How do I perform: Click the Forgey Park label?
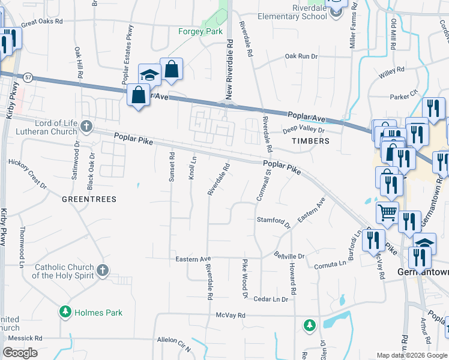200,32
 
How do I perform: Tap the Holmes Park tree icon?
65,312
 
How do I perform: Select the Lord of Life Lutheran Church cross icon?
86,127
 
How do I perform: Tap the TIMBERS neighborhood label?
310,141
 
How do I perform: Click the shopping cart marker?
388,211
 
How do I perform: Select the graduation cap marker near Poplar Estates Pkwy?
149,75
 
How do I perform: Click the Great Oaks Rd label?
42,22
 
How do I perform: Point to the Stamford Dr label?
274,221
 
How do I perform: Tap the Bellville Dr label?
289,256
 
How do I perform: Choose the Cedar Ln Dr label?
271,299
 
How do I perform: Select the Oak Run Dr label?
300,56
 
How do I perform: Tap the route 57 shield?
28,77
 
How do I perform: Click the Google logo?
20,353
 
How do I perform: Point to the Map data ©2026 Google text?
412,355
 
